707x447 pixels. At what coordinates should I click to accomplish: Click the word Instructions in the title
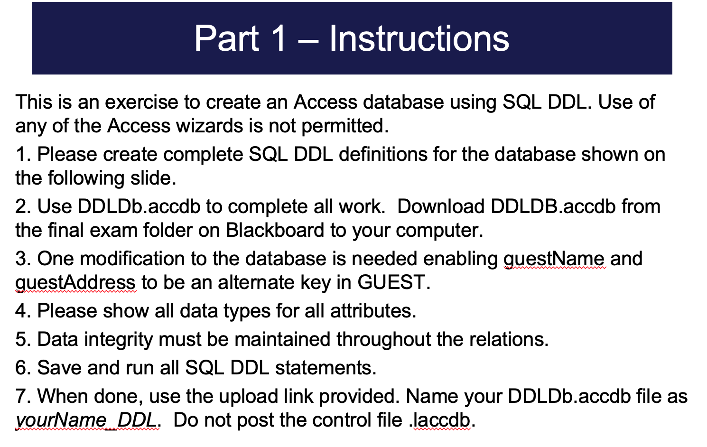pyautogui.click(x=419, y=38)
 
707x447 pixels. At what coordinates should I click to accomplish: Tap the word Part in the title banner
pyautogui.click(x=226, y=38)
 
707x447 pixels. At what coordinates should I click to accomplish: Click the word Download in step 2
pyautogui.click(x=440, y=207)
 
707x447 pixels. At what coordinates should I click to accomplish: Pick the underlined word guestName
pyautogui.click(x=554, y=259)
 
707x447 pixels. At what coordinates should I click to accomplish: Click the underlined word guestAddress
pyautogui.click(x=75, y=283)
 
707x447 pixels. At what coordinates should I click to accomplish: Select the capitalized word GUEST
pyautogui.click(x=393, y=283)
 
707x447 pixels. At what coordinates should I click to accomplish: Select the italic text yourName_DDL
pyautogui.click(x=87, y=420)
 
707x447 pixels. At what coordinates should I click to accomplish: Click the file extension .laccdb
pyautogui.click(x=441, y=420)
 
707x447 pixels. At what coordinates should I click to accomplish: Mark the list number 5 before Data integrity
pyautogui.click(x=21, y=340)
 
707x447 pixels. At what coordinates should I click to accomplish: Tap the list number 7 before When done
pyautogui.click(x=21, y=397)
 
